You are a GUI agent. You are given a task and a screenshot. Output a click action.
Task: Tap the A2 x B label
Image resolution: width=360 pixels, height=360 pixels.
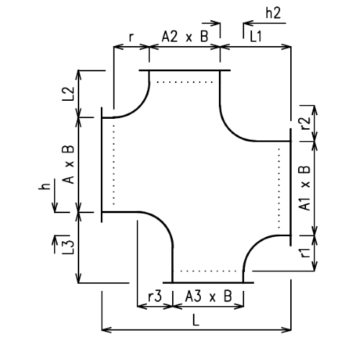[184, 37]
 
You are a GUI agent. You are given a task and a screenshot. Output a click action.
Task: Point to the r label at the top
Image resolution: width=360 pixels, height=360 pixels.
[130, 36]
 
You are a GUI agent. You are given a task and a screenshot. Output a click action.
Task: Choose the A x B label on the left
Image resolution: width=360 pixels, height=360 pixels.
[69, 164]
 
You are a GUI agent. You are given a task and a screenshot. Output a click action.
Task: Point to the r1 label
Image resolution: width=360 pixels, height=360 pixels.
[303, 253]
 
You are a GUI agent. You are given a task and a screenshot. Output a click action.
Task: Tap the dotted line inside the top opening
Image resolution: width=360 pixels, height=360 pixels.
[184, 81]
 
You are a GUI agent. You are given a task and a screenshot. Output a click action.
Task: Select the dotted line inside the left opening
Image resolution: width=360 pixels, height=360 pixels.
[113, 164]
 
